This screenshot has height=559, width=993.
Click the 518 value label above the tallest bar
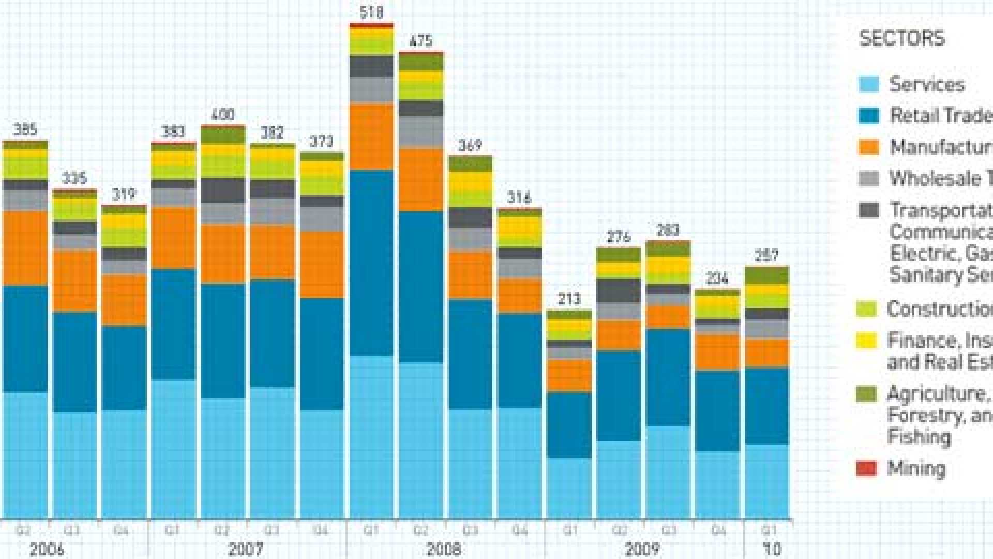371,12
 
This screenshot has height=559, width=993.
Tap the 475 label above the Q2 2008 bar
420,41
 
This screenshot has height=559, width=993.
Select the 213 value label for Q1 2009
569,299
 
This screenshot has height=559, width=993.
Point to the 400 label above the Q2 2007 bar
222,114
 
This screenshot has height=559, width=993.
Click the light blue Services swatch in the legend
868,84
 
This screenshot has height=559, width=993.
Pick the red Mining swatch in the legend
867,468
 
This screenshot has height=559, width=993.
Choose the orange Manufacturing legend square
868,147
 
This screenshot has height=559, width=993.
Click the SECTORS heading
902,39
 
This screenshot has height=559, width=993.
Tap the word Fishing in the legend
919,437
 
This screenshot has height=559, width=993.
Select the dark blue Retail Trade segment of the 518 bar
371,263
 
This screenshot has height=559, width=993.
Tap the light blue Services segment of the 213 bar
569,488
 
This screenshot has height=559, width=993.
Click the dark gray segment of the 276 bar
619,291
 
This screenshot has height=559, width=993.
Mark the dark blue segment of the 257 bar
767,406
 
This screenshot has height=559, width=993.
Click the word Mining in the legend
916,468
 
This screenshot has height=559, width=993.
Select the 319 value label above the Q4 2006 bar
124,195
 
